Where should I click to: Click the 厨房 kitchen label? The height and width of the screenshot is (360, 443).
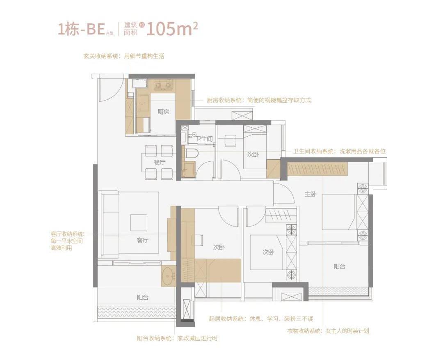163,112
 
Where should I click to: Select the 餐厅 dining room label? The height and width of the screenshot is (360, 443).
159,163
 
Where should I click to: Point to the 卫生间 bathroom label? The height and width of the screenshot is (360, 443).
204,139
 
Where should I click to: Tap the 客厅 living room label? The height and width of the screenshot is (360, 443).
142,241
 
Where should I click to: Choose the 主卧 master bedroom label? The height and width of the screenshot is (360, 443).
310,195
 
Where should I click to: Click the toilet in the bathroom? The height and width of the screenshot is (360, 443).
191,154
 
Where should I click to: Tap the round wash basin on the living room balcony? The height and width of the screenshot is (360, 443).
168,276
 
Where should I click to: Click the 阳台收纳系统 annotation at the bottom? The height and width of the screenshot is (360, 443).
177,339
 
